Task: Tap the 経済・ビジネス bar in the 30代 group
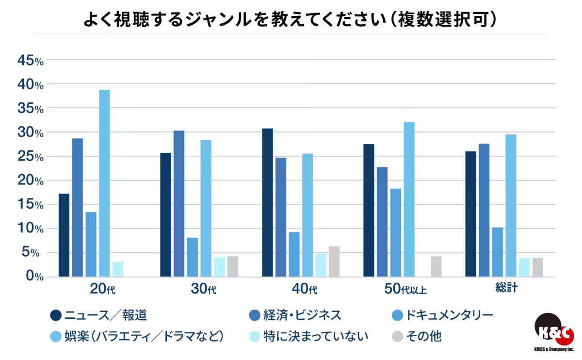pyautogui.click(x=179, y=204)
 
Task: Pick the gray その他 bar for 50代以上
pyautogui.click(x=436, y=266)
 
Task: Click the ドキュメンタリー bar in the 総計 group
pyautogui.click(x=497, y=252)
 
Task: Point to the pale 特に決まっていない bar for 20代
pyautogui.click(x=118, y=269)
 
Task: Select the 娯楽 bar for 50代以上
pyautogui.click(x=409, y=199)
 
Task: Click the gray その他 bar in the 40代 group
pyautogui.click(x=334, y=262)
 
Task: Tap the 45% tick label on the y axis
pyautogui.click(x=30, y=61)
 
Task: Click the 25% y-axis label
pyautogui.click(x=30, y=157)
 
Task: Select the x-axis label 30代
pyautogui.click(x=203, y=290)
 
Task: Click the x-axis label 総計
pyautogui.click(x=506, y=288)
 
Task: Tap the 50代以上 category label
pyautogui.click(x=405, y=290)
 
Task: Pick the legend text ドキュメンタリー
pyautogui.click(x=441, y=315)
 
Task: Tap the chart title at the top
pyautogui.click(x=291, y=20)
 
